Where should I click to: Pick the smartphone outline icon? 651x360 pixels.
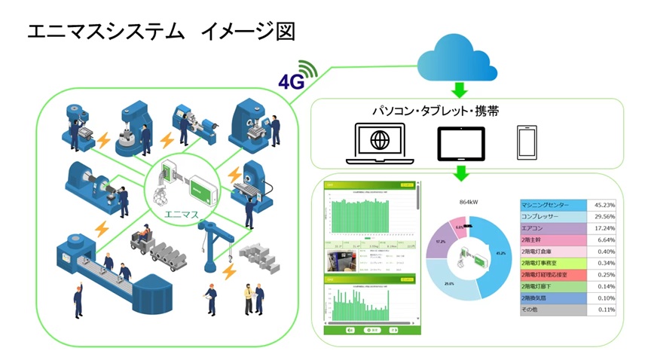coord(526,142)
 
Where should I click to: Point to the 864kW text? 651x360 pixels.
coord(470,202)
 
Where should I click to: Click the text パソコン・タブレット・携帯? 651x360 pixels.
coord(436,111)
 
